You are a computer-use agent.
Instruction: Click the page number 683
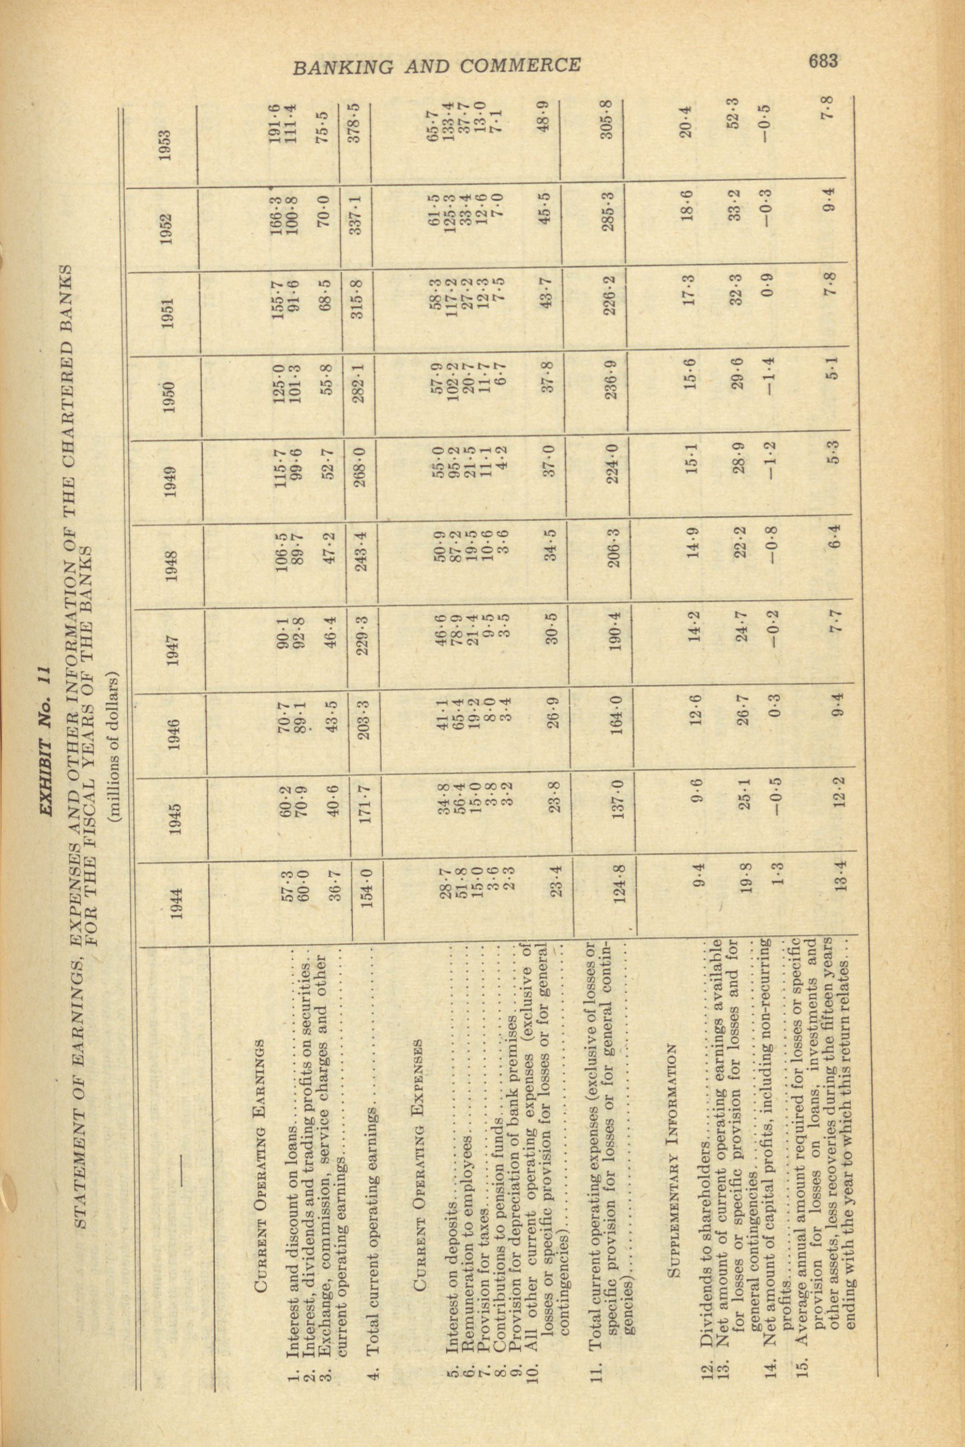click(x=823, y=61)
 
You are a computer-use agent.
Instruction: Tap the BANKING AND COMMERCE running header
click(x=436, y=66)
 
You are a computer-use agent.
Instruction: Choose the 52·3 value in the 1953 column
click(x=734, y=117)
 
